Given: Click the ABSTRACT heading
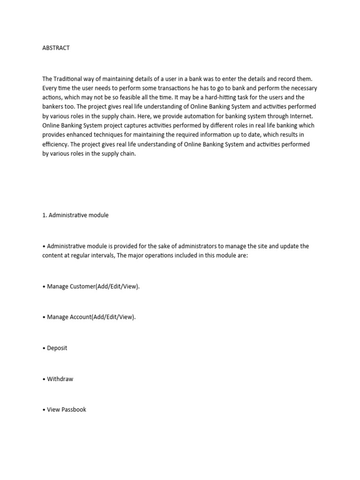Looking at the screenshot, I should point(56,48).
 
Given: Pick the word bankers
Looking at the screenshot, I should point(54,107).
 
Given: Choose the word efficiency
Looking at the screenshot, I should point(56,144).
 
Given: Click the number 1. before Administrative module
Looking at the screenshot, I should point(45,215).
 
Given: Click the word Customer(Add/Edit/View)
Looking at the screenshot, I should point(104,286).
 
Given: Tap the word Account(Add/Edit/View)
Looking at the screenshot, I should point(102,317).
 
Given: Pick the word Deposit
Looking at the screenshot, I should point(57,348).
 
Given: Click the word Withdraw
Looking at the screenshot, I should point(60,379).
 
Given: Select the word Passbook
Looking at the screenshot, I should point(74,409).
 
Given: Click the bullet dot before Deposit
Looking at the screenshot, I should point(44,348).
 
